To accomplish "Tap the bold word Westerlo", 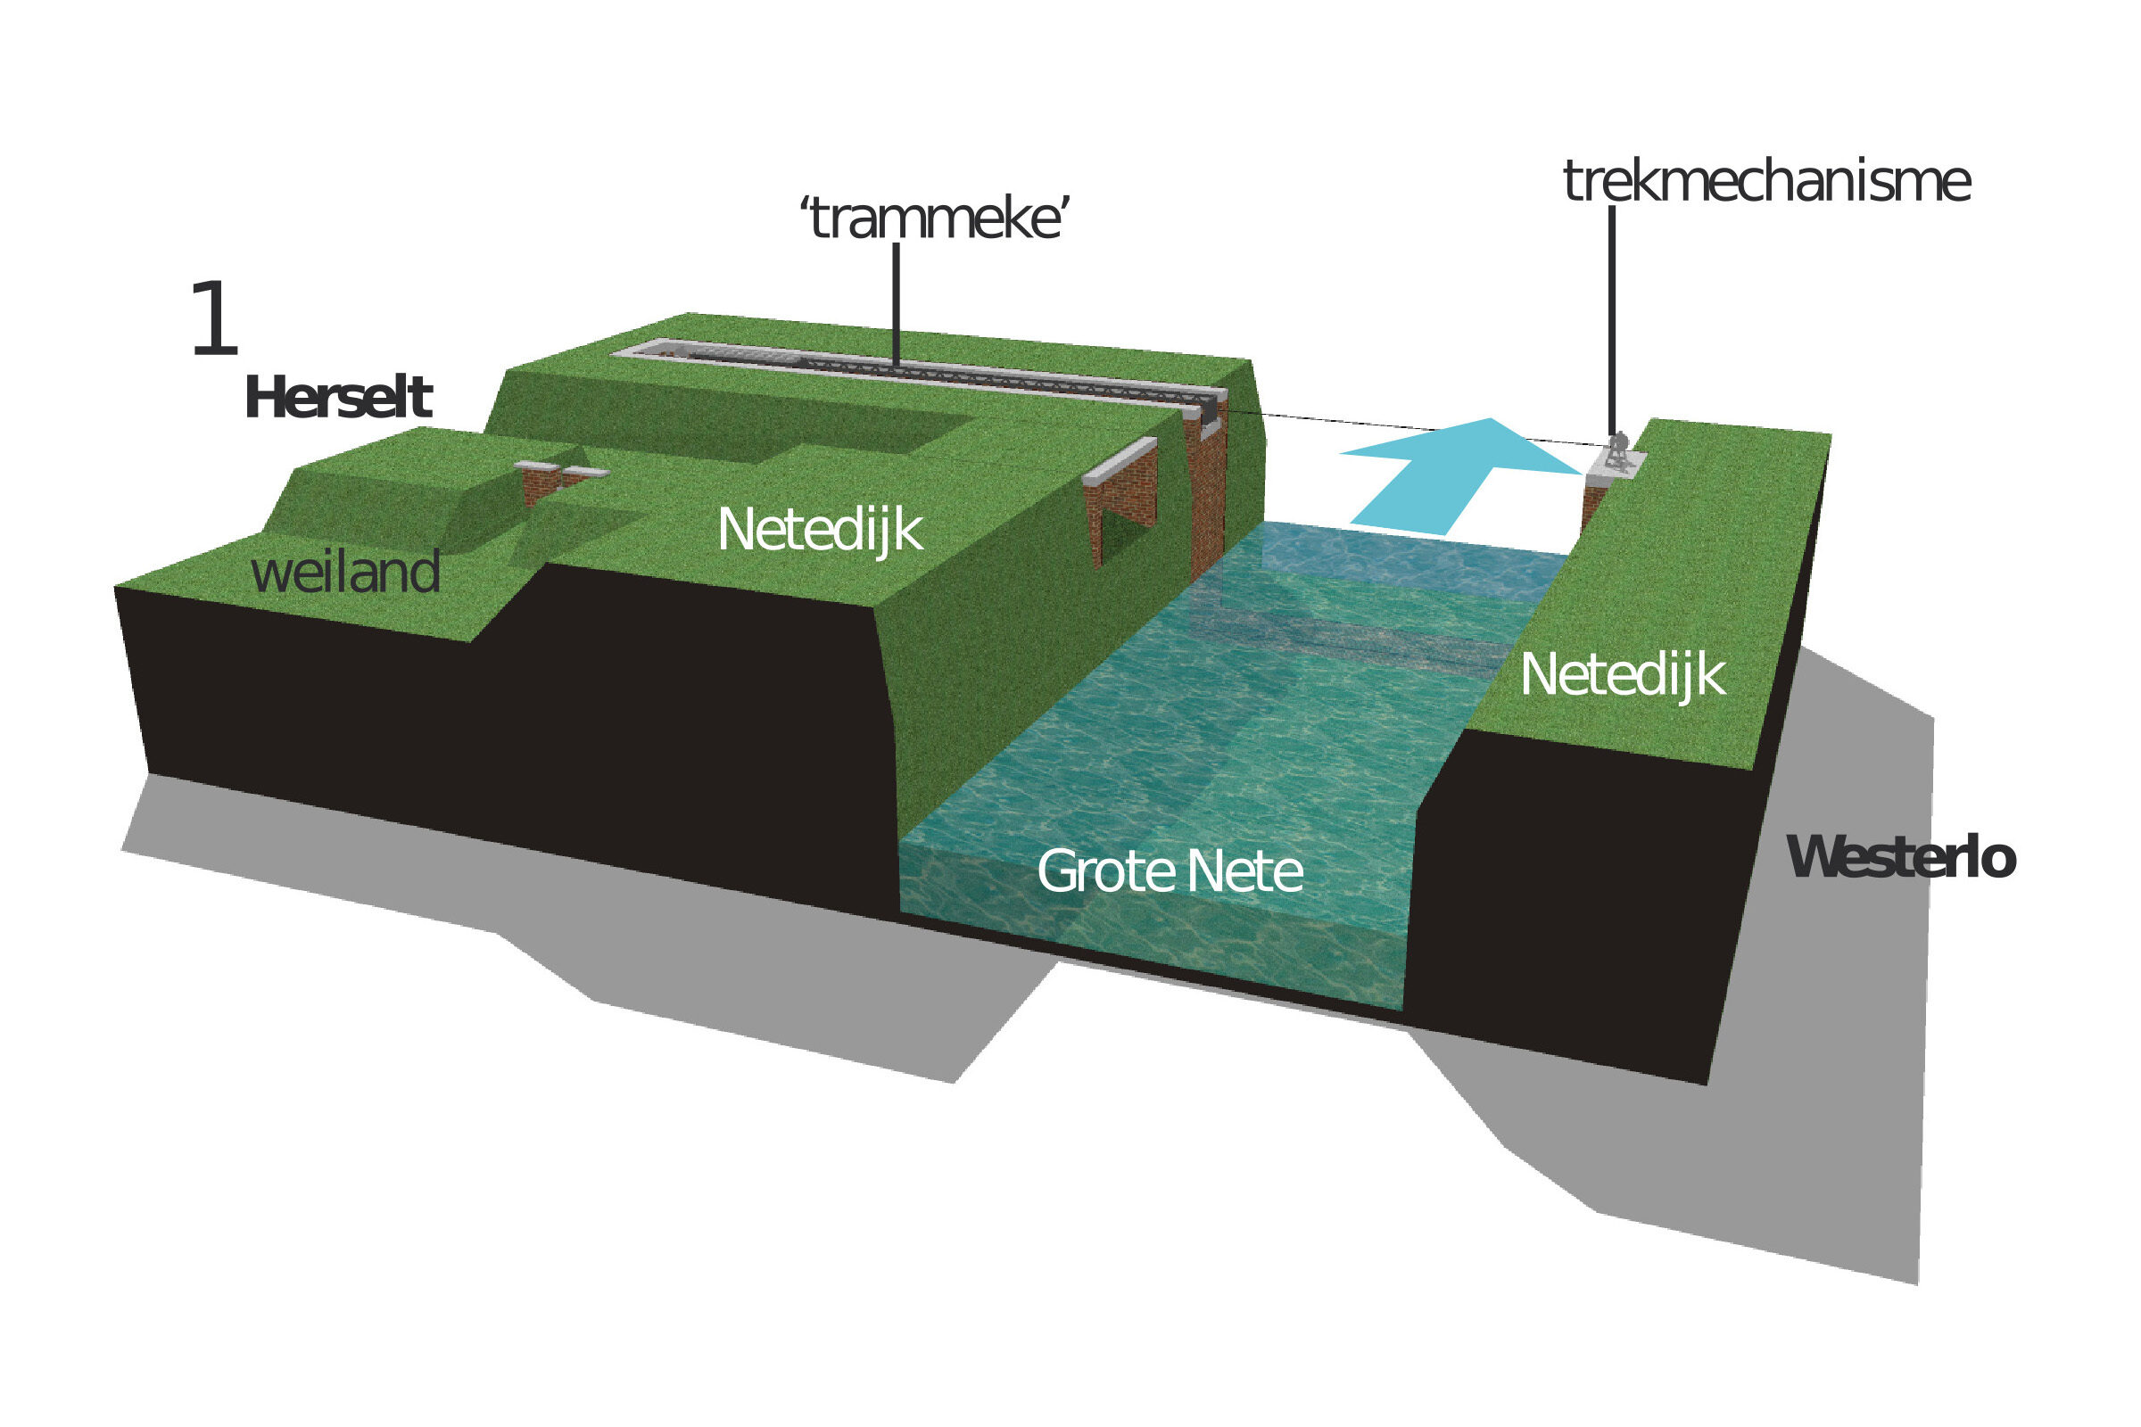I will (1902, 857).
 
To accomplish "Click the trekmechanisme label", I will (1766, 181).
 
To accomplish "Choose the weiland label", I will (345, 573).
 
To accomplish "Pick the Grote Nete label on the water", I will (1169, 871).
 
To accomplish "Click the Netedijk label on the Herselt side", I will (819, 530).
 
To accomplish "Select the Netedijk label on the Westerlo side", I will (1622, 675).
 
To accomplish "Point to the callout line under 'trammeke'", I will (897, 305).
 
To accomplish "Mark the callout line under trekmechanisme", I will (1611, 318).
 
